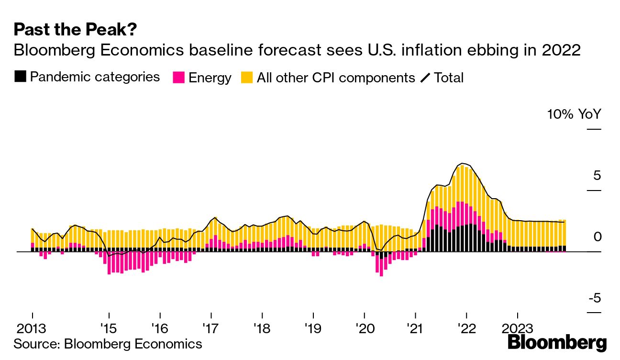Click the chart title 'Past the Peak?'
point(75,30)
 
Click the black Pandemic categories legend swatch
point(20,77)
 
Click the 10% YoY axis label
point(574,114)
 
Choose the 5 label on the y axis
point(594,176)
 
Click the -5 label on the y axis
point(594,298)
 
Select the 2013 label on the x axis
point(32,329)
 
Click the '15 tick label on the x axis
point(109,329)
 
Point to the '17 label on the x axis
point(210,329)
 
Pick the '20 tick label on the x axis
point(364,329)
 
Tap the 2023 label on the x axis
point(517,329)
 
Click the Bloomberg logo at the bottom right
point(557,343)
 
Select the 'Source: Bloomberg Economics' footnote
point(108,343)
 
